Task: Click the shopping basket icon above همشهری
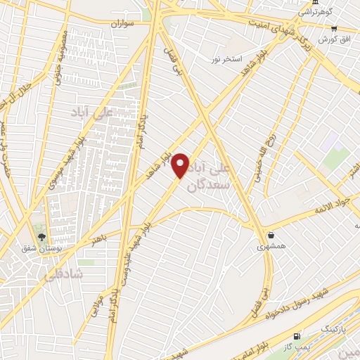point(271,236)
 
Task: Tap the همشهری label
point(267,247)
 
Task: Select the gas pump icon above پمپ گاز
point(297,337)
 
